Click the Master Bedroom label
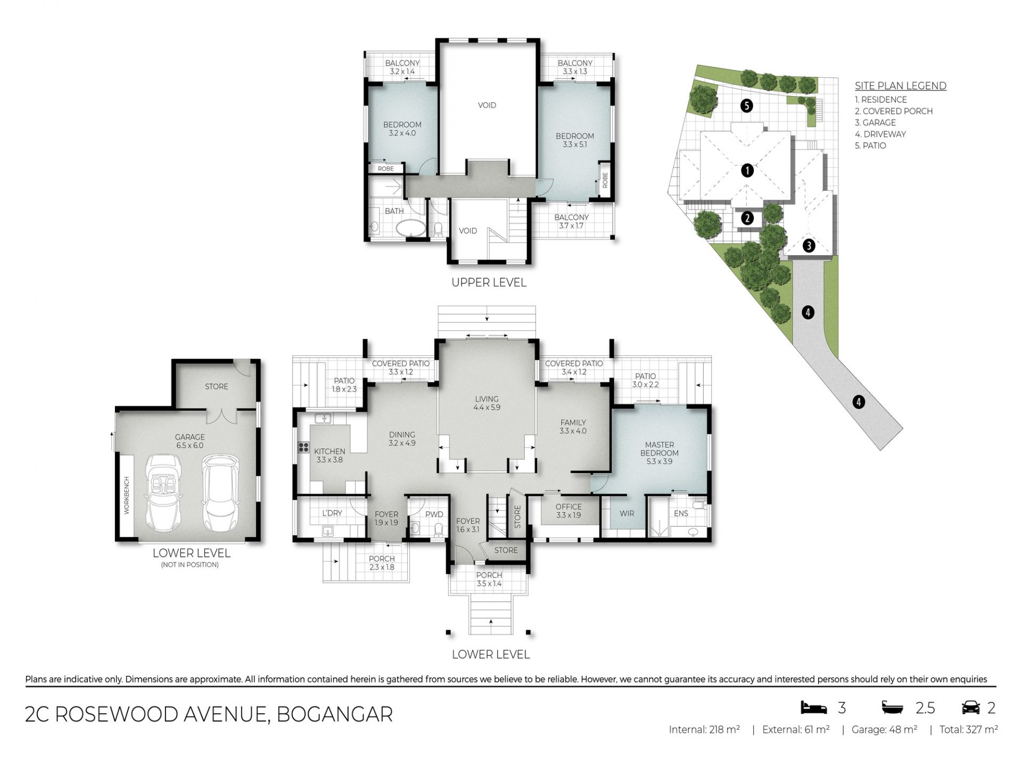tap(659, 453)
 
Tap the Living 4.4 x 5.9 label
tap(487, 403)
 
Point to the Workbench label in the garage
tap(127, 495)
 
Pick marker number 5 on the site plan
tap(747, 105)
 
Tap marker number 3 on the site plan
tap(809, 246)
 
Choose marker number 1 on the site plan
tap(747, 171)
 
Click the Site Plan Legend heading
tap(900, 86)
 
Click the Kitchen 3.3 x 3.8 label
tap(329, 455)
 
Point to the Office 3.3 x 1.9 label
tap(568, 511)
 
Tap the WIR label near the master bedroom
tap(627, 513)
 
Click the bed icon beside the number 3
tap(814, 707)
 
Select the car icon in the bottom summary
tap(971, 707)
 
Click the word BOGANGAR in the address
tap(335, 714)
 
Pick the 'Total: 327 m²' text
tap(968, 730)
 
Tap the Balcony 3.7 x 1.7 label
tap(571, 221)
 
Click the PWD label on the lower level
tap(434, 515)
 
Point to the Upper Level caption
tap(489, 283)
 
